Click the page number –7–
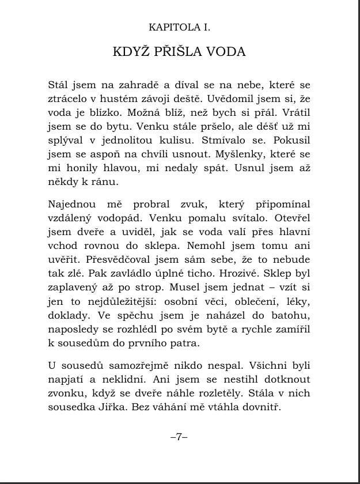(x=180, y=437)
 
